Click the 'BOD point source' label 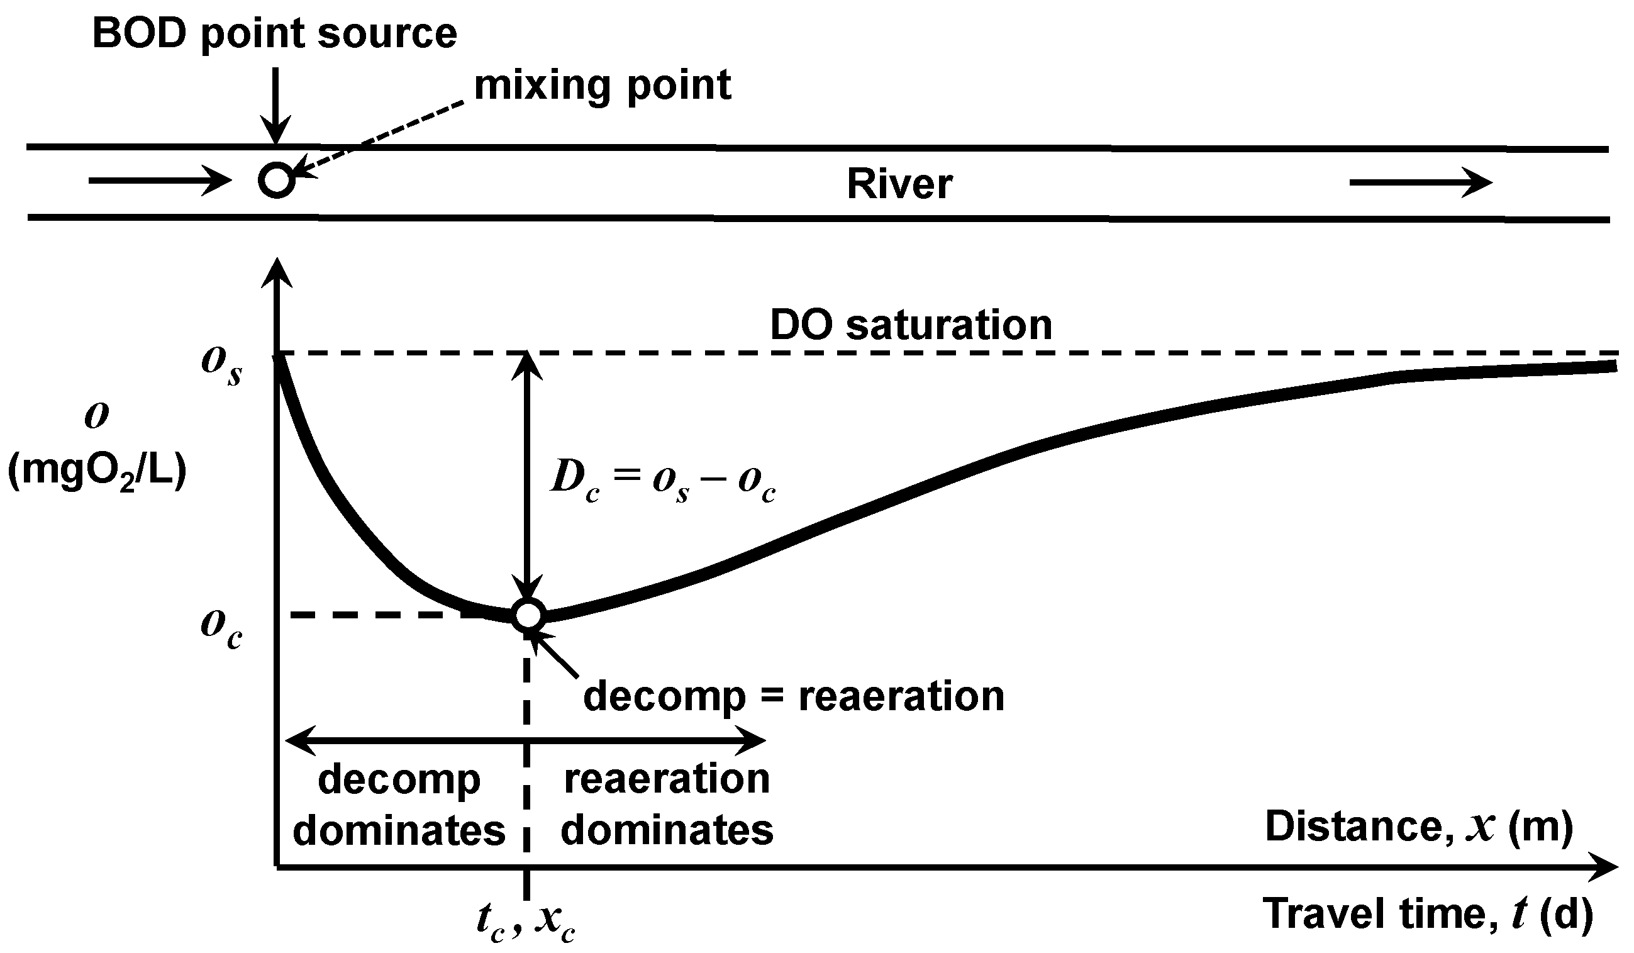coord(274,34)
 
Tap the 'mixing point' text coord(603,86)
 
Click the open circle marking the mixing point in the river coord(277,179)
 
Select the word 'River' coord(899,184)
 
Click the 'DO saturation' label coord(910,325)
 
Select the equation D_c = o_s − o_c coord(662,481)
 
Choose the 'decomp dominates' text coord(399,804)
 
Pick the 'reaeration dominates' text coord(667,804)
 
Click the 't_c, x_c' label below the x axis coord(525,920)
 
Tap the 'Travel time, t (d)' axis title coord(1426,914)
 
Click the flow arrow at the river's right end coord(1420,183)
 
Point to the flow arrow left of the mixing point coord(160,181)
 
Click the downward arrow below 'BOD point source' coord(276,104)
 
